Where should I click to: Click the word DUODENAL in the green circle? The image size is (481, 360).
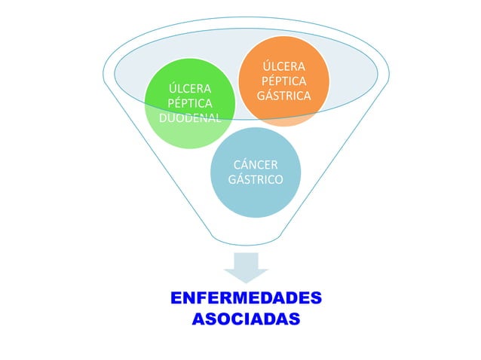pos(191,118)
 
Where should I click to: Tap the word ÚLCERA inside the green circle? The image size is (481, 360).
pos(190,89)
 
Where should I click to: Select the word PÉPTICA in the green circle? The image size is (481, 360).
pos(190,103)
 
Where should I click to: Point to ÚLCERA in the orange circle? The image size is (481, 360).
pos(283,66)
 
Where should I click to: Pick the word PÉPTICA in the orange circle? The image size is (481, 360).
pos(283,81)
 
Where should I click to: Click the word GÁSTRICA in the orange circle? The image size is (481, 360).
pos(283,96)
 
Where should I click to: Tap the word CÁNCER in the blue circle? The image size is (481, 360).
pos(255,165)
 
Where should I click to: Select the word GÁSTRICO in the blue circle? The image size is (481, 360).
pos(255,180)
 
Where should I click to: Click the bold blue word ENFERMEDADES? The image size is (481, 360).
pos(246,297)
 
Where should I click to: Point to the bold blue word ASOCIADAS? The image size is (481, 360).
pos(246,319)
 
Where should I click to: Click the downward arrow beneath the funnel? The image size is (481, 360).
pos(246,267)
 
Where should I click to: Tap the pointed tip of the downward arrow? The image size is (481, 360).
pos(246,282)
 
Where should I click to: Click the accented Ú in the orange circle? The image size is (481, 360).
pos(265,66)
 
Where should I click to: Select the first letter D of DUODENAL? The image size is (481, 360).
pos(164,118)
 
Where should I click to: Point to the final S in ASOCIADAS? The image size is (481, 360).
pos(293,319)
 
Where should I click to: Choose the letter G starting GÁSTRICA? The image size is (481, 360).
pos(261,96)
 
